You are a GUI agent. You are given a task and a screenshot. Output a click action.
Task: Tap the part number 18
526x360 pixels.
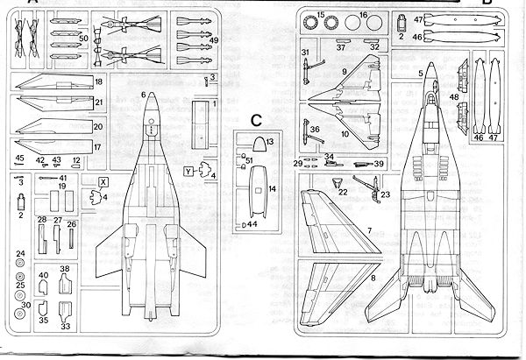tap(99, 81)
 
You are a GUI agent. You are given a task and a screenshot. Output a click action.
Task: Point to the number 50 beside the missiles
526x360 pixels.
tap(82, 39)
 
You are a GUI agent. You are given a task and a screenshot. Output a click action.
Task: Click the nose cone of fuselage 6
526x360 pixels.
tap(151, 110)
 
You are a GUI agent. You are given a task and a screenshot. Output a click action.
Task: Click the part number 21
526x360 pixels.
tap(99, 104)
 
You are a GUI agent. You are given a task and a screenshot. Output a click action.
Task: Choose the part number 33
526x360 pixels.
tap(65, 327)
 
